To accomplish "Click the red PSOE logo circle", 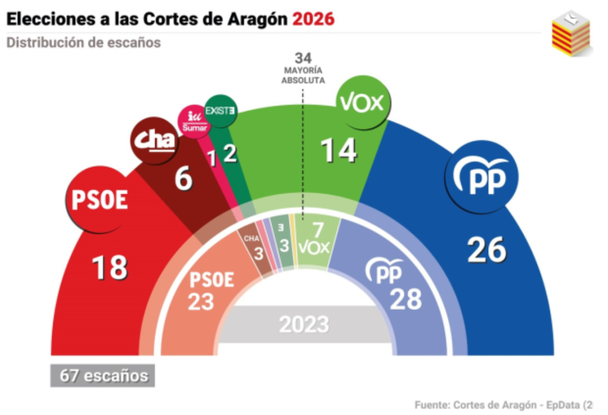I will click(100, 200).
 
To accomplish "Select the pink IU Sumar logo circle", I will click(194, 121).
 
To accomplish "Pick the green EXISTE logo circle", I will click(220, 110).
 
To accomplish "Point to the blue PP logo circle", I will click(482, 177).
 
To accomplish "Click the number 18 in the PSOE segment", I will click(110, 267).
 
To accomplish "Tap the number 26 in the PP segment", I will click(487, 250).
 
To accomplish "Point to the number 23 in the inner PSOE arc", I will click(201, 302).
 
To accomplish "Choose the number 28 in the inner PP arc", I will click(406, 299).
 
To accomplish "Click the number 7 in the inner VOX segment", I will click(319, 230).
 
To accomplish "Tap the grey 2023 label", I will click(303, 324).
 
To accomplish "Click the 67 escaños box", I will click(103, 375).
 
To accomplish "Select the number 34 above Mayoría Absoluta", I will click(303, 58).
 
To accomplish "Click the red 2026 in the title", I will click(313, 19).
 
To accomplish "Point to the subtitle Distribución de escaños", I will click(83, 43).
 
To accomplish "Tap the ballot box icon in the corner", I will click(571, 34).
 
